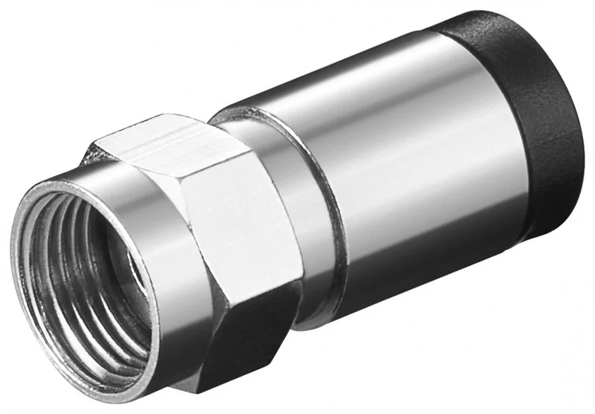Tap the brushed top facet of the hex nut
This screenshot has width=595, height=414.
click(165, 142)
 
